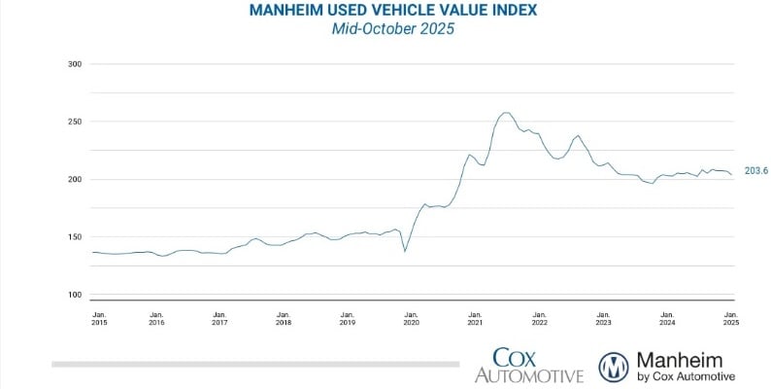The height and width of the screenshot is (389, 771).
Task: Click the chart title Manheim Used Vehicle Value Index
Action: [x=385, y=11]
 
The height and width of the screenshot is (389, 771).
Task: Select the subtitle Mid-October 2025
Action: [x=385, y=29]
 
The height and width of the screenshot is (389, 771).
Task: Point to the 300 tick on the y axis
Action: [x=74, y=64]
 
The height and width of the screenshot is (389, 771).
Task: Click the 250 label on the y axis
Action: [x=74, y=123]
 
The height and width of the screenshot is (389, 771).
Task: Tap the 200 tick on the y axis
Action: [x=74, y=180]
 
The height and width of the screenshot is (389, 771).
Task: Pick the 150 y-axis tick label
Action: [x=74, y=237]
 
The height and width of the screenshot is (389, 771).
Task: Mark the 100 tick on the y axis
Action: [x=74, y=295]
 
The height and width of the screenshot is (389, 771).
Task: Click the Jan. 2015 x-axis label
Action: [x=99, y=319]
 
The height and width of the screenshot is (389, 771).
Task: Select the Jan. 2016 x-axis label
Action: [x=156, y=319]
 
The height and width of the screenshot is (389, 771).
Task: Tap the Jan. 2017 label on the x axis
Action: [x=220, y=319]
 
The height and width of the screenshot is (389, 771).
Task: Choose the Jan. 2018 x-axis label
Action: [x=284, y=319]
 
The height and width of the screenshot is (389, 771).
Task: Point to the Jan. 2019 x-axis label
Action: [x=348, y=319]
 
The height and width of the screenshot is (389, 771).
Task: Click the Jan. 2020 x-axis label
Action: [x=411, y=319]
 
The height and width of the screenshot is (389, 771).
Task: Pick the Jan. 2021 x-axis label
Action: [x=475, y=319]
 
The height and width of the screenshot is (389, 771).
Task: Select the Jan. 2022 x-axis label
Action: [x=539, y=319]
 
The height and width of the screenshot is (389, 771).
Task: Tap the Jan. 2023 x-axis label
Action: [x=603, y=319]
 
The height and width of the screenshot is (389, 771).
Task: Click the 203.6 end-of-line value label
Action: [x=754, y=171]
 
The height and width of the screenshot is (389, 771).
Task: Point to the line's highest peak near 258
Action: [x=506, y=113]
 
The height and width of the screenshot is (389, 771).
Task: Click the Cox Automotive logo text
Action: [x=529, y=366]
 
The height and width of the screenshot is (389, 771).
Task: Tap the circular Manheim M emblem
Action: [x=615, y=367]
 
